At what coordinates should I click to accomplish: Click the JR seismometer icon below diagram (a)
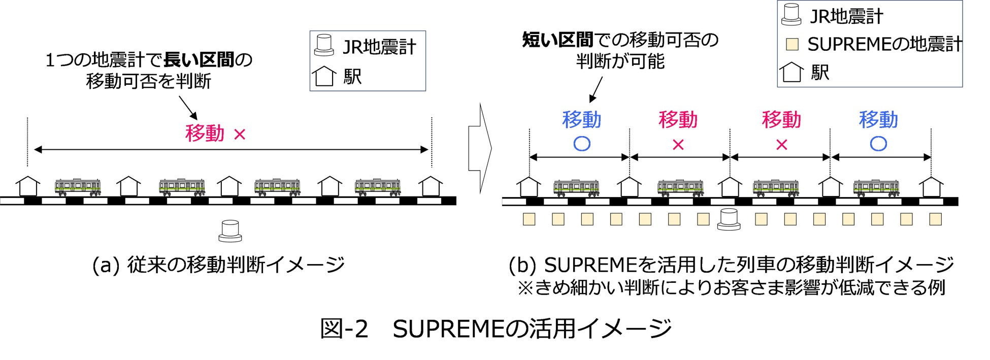pos(230,231)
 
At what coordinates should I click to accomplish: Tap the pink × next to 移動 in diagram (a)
pos(240,135)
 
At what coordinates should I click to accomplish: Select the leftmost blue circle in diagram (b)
pos(581,144)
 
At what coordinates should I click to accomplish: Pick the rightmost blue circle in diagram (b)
pos(878,144)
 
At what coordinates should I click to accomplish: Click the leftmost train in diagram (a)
pos(78,187)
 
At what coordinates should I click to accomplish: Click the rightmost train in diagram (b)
pos(876,188)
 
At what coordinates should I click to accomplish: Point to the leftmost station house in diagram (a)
pos(28,186)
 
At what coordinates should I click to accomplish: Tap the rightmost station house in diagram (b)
pos(931,187)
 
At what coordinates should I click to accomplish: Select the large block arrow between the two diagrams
pos(480,149)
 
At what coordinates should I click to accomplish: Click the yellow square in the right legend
pos(792,44)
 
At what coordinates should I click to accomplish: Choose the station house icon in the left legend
pos(324,76)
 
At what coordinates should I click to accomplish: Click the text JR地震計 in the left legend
pos(379,47)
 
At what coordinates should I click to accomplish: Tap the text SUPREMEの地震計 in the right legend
pos(885,44)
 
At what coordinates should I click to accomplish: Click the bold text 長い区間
pos(199,60)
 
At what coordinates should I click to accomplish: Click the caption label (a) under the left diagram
pos(106,265)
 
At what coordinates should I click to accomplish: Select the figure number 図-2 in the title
pos(344,329)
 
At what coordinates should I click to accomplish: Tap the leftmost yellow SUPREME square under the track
pos(529,219)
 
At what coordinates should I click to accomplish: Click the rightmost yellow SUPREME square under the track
pos(935,219)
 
